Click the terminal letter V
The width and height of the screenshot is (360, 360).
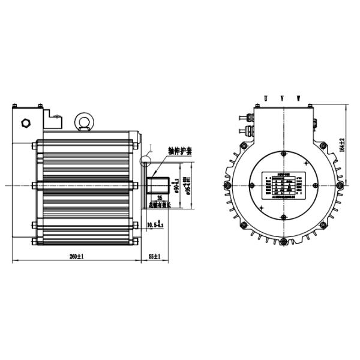pos(282,98)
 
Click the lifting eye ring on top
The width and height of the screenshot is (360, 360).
pos(85,122)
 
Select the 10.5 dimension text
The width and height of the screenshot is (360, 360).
pos(154,224)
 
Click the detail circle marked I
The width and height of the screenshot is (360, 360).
pos(146,161)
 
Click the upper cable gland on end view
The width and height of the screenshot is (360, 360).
pos(244,116)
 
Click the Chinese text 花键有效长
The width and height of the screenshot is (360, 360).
pos(160,205)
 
